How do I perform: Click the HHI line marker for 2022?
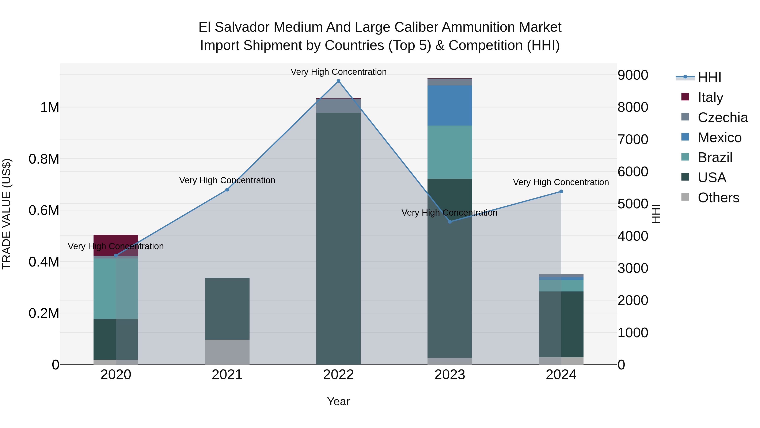[x=338, y=81]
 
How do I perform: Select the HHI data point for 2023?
[x=450, y=222]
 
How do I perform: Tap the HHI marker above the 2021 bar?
[x=227, y=190]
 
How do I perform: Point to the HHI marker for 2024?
[x=561, y=191]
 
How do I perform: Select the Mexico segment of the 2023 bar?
[x=450, y=105]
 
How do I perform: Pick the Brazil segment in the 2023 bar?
[x=450, y=152]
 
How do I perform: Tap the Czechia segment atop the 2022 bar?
[x=338, y=106]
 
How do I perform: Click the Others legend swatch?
[x=685, y=197]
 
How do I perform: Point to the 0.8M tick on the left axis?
[x=44, y=159]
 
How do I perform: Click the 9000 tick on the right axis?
[x=633, y=75]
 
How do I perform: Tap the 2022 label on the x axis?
[x=338, y=375]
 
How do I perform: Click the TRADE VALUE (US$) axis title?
[x=7, y=214]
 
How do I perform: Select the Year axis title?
[x=338, y=401]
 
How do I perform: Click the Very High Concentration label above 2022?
[x=338, y=72]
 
